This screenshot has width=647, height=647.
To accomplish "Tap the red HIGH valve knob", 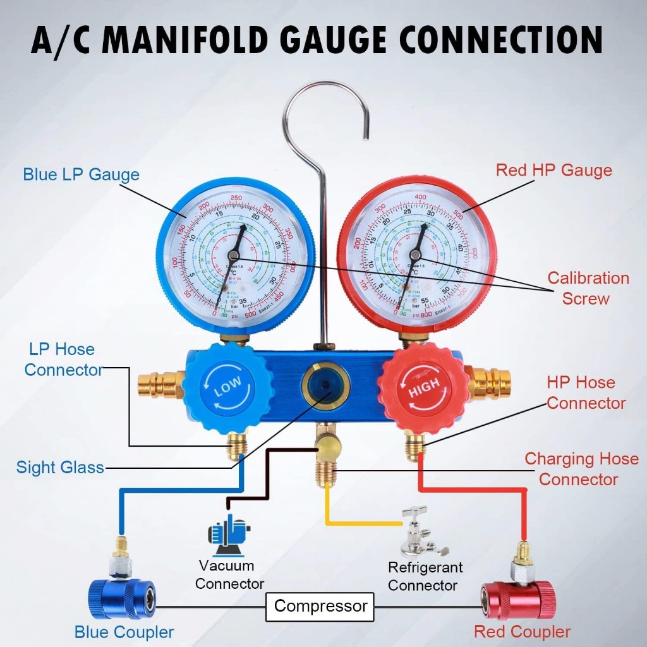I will point(424,389).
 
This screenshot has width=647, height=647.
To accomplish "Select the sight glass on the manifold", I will point(325,385).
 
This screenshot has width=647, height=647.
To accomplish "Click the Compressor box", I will point(320,607).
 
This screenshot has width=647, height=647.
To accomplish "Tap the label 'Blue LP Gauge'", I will point(81,174).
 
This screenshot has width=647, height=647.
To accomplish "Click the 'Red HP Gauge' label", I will point(553,171).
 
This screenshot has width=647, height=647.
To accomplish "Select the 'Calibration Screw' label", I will point(588,288).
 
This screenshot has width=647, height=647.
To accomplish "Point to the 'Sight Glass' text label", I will point(60,468).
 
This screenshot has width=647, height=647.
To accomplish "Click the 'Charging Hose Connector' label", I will point(581,469).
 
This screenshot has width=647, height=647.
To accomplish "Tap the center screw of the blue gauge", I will point(233,255).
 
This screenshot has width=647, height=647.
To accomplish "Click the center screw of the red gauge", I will point(415,255).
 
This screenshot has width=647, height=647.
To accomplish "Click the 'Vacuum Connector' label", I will point(229,574).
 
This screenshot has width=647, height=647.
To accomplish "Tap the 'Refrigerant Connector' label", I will point(425,576).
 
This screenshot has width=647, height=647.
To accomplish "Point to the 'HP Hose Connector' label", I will point(586,392).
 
